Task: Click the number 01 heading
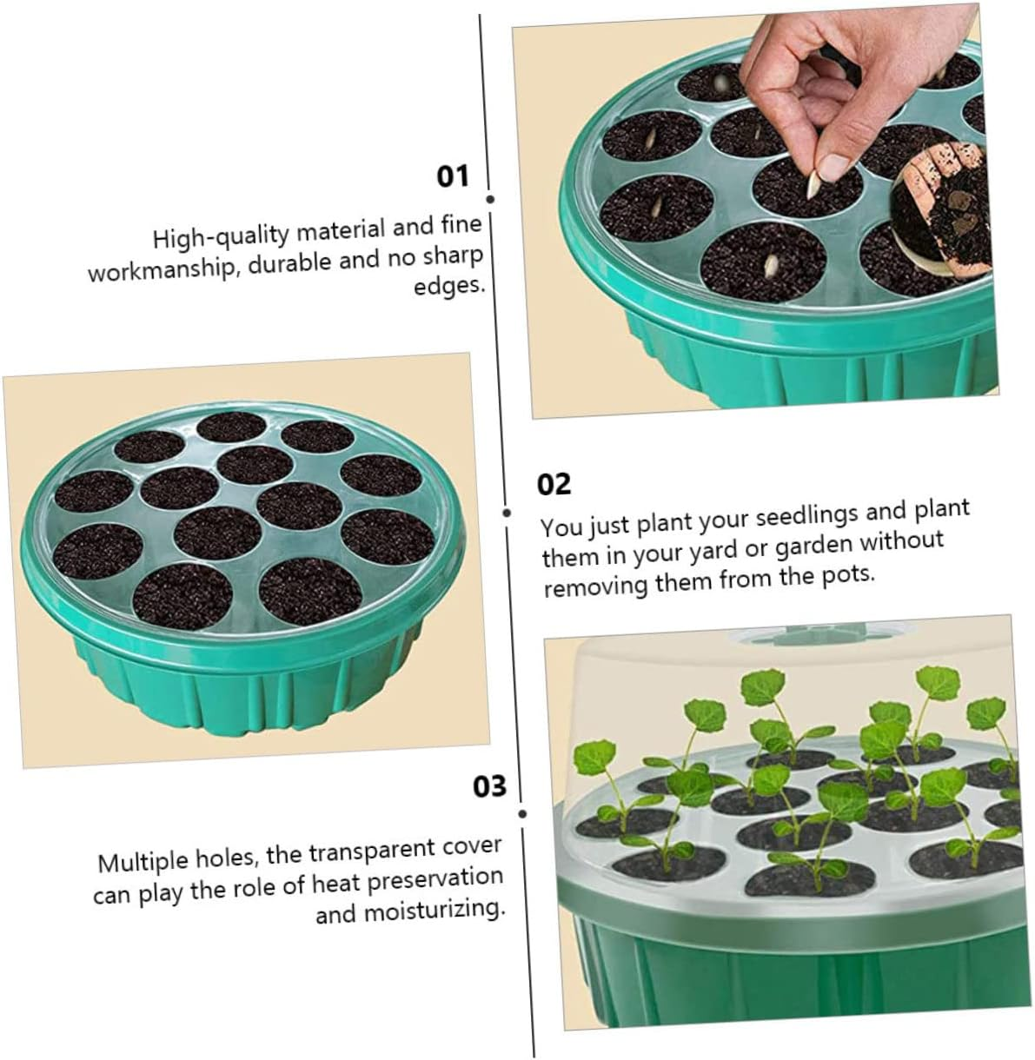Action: pyautogui.click(x=453, y=176)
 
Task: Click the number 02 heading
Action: pyautogui.click(x=554, y=484)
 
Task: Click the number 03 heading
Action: pyautogui.click(x=489, y=786)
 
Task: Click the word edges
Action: pyautogui.click(x=448, y=286)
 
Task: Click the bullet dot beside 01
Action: pyautogui.click(x=490, y=199)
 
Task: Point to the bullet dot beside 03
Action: pyautogui.click(x=522, y=814)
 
